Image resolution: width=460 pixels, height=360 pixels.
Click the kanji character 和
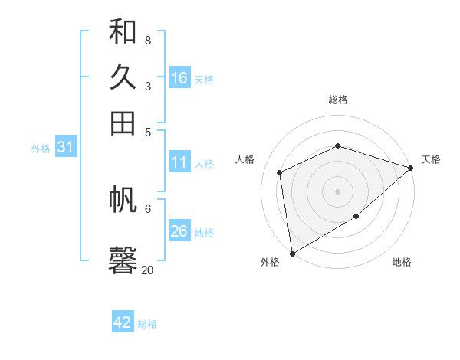[123, 31]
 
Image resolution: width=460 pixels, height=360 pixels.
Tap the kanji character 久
[123, 77]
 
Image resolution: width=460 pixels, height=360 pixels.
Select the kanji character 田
[123, 123]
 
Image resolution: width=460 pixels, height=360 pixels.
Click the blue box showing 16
[179, 78]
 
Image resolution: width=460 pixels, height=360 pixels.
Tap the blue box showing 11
[179, 162]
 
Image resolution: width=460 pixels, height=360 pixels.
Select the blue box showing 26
[179, 231]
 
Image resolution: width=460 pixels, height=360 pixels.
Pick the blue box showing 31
[65, 148]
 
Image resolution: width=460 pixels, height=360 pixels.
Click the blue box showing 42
[123, 322]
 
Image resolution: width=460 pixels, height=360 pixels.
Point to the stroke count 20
[147, 270]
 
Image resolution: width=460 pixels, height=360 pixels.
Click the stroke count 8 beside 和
[148, 40]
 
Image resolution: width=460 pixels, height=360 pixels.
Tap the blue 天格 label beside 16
[204, 80]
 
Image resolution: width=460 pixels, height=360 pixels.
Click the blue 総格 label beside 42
[147, 324]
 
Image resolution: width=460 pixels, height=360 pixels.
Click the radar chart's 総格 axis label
[337, 100]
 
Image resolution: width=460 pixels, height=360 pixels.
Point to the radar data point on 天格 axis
[411, 168]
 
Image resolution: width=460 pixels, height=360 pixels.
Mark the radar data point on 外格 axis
[292, 253]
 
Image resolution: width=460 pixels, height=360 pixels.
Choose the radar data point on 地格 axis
[356, 217]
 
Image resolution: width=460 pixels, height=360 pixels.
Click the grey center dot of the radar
[337, 191]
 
